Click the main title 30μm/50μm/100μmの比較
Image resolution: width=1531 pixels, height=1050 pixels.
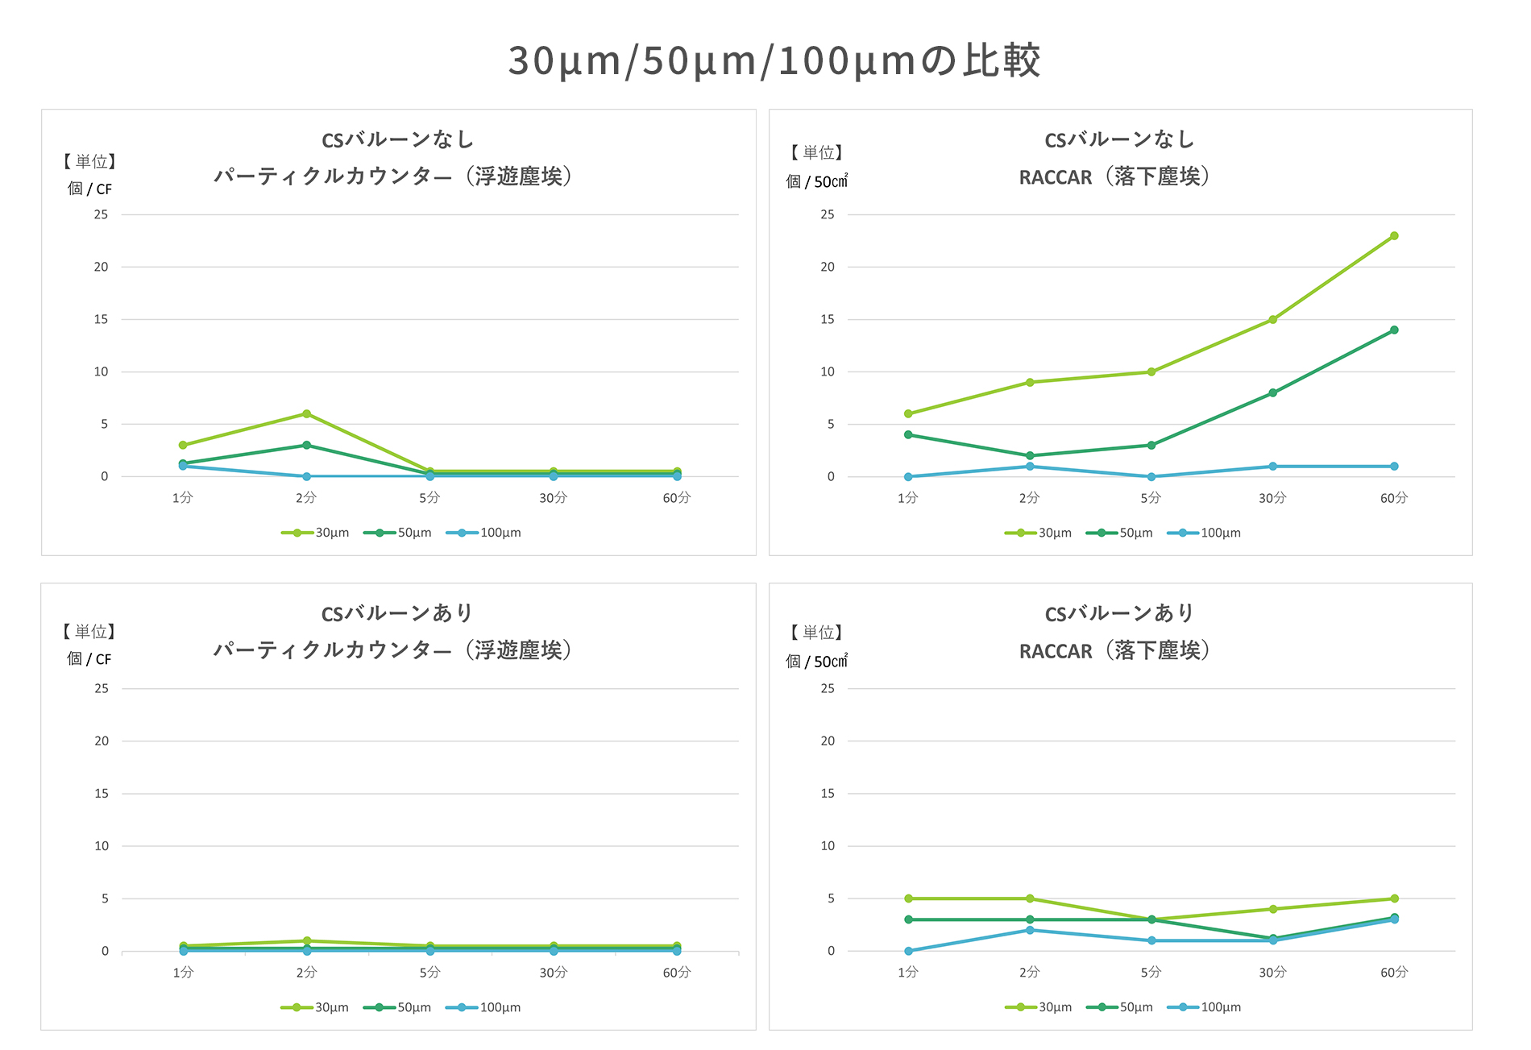click(x=774, y=60)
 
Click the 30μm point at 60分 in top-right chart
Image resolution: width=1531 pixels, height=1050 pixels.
click(x=1394, y=236)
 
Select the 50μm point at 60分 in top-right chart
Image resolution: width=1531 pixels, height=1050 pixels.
click(x=1394, y=330)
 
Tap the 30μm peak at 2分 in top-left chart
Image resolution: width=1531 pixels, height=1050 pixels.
click(x=306, y=414)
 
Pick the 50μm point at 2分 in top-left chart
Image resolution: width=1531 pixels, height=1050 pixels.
click(x=306, y=445)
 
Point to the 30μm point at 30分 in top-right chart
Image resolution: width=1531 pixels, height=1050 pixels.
click(x=1272, y=320)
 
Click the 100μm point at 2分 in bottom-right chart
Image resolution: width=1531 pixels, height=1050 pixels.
click(x=1030, y=930)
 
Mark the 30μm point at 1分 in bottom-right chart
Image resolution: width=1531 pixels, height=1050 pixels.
click(x=908, y=899)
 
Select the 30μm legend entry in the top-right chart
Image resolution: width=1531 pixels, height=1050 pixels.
click(x=1039, y=533)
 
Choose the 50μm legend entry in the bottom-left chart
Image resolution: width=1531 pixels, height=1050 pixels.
click(x=398, y=1007)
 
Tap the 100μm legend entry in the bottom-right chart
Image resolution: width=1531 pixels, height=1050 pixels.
click(x=1205, y=1007)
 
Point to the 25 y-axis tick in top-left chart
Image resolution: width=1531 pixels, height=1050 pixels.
click(x=101, y=214)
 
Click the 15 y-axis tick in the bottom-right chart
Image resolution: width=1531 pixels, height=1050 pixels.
click(x=828, y=794)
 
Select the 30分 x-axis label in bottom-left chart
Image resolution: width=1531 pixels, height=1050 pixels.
click(x=554, y=973)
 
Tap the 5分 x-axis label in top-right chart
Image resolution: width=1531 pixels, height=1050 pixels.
click(x=1151, y=498)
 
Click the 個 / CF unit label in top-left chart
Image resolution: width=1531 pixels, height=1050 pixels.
click(x=89, y=189)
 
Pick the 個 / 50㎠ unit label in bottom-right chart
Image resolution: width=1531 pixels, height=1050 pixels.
click(x=817, y=662)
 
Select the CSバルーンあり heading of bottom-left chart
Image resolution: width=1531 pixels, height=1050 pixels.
click(x=397, y=613)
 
